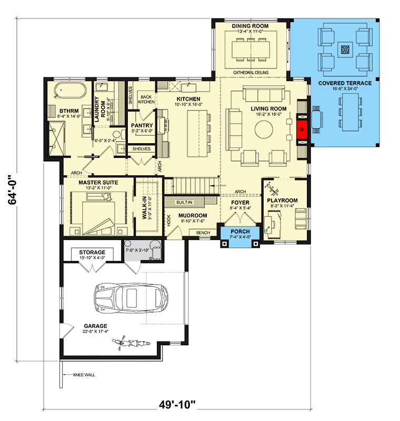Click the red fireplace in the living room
point(302,129)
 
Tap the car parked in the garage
point(131,298)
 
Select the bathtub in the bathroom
point(70,91)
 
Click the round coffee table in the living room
point(264,129)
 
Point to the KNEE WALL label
point(84,375)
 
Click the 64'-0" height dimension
point(12,190)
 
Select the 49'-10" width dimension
point(177,404)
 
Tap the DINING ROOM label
point(250,26)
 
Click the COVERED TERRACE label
point(345,83)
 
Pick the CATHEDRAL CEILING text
point(251,73)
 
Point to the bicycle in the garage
point(131,343)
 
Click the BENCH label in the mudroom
point(203,233)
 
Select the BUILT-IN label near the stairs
point(184,202)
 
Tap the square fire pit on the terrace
point(345,49)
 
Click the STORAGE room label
point(92,253)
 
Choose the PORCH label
point(241,232)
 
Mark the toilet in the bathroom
point(118,134)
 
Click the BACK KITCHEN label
point(146,99)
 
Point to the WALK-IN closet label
point(144,207)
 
